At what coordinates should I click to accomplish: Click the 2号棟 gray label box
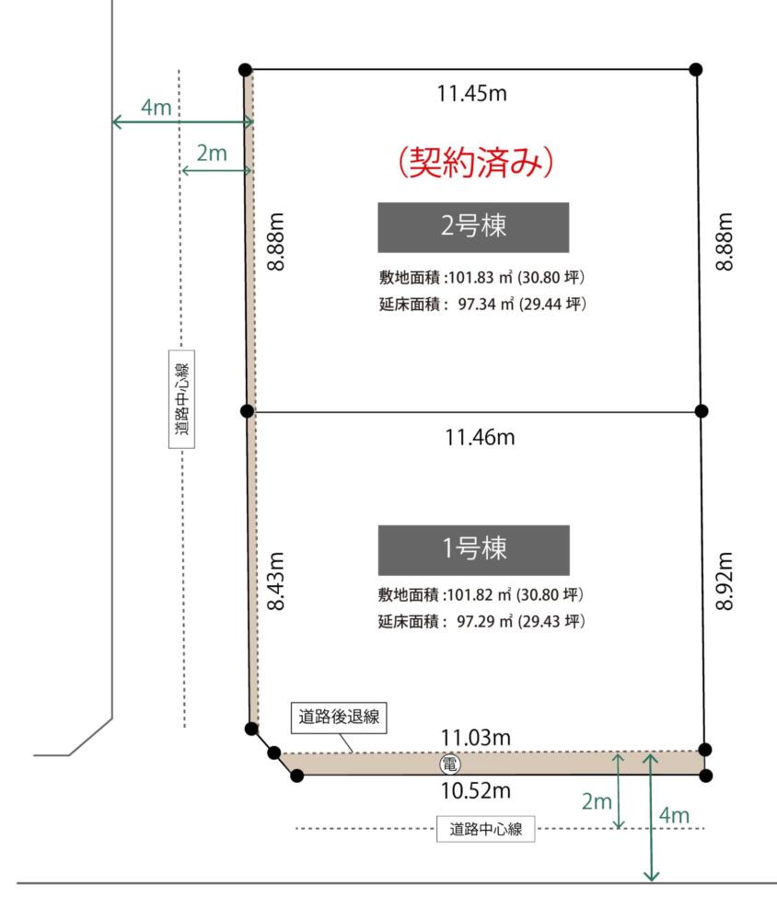[473, 227]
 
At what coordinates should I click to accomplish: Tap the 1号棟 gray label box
[473, 550]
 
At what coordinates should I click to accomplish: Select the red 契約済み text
[476, 162]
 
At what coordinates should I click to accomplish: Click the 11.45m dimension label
[471, 93]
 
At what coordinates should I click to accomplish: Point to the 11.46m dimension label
[480, 437]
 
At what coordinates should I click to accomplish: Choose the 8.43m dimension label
[275, 581]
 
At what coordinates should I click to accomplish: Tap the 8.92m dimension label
[725, 581]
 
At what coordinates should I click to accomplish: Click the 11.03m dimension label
[476, 738]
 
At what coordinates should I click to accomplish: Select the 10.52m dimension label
[476, 791]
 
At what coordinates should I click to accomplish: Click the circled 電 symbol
[450, 764]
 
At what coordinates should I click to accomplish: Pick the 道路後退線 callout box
[339, 717]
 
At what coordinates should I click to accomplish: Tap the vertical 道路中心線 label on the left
[181, 399]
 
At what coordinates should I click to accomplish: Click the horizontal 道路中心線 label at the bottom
[486, 829]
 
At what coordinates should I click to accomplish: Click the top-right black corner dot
[696, 70]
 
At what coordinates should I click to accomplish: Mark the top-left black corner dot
[246, 70]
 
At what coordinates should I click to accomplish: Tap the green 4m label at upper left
[157, 108]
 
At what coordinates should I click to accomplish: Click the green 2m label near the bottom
[597, 801]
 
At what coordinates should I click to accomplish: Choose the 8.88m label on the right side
[725, 241]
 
